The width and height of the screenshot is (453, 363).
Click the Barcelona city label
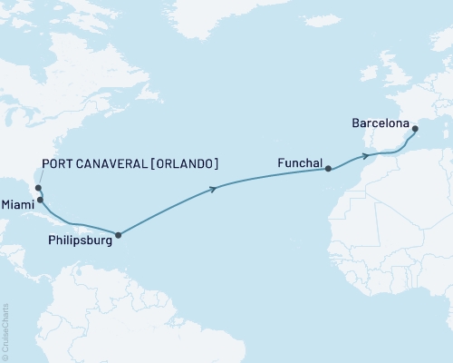381,123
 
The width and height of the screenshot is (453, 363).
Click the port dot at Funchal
328,169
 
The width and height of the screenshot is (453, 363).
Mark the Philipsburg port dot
118,234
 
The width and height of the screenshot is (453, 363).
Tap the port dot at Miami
40,200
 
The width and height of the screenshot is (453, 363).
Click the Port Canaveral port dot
38,189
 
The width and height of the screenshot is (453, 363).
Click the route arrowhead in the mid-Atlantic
214,189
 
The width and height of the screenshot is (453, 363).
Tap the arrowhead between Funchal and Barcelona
366,155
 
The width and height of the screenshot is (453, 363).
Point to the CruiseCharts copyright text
5,330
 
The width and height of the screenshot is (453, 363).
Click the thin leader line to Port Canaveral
35,178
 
